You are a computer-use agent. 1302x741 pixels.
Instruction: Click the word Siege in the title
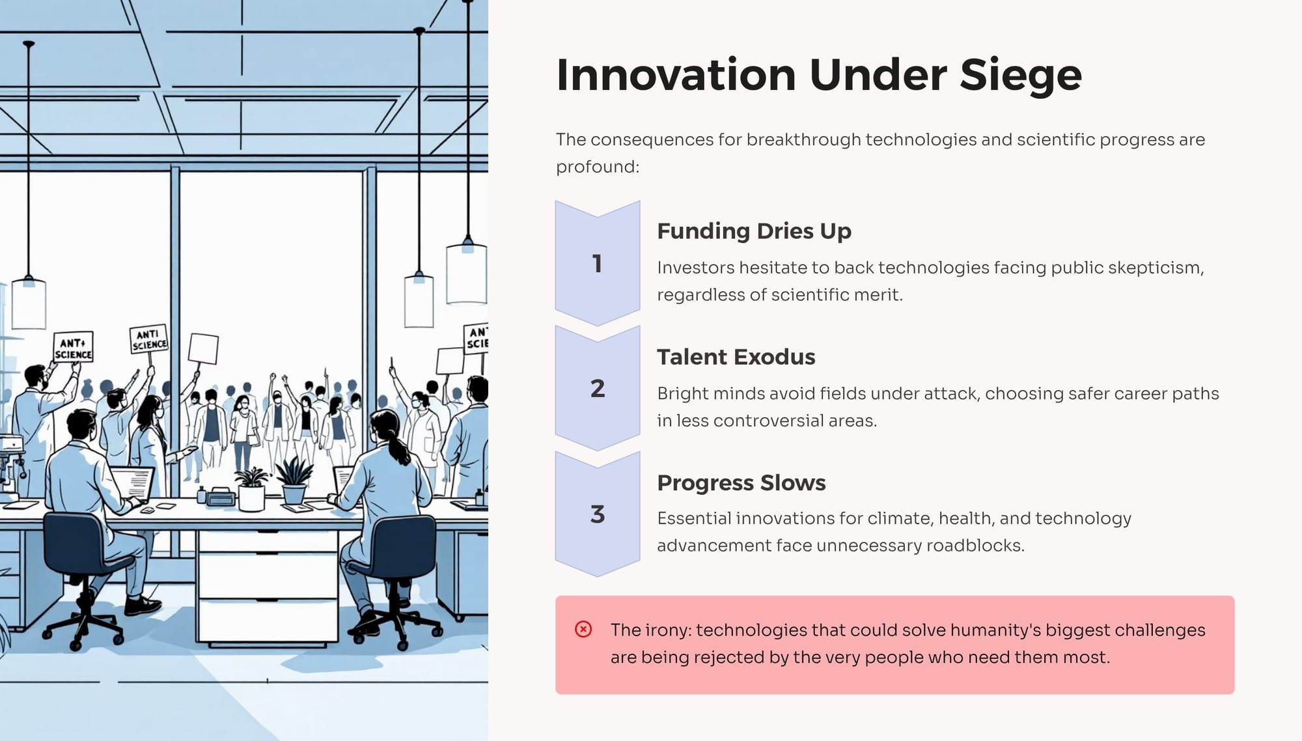pyautogui.click(x=1020, y=76)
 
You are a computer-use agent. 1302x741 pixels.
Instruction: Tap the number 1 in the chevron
pyautogui.click(x=597, y=264)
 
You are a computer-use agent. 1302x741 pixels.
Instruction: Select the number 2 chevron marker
pyautogui.click(x=598, y=389)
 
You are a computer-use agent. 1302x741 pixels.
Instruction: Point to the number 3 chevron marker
pyautogui.click(x=598, y=514)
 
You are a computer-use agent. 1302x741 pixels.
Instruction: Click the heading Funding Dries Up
pyautogui.click(x=754, y=231)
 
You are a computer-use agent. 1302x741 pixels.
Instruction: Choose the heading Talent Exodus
pyautogui.click(x=736, y=357)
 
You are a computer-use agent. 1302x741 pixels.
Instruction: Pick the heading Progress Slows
pyautogui.click(x=741, y=482)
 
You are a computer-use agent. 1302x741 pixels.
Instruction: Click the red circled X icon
pyautogui.click(x=583, y=629)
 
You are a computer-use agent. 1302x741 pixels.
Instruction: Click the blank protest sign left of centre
pyautogui.click(x=203, y=349)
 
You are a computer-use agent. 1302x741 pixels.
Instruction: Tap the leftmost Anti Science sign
pyautogui.click(x=73, y=347)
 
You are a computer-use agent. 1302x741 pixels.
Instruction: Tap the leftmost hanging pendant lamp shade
pyautogui.click(x=29, y=303)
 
